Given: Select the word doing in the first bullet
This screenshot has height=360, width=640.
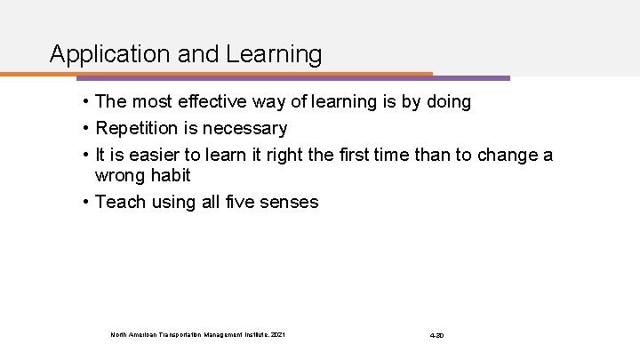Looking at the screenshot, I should coord(448,103).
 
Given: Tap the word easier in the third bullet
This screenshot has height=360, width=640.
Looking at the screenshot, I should coord(166,156).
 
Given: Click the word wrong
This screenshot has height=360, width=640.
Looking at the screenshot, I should coord(122,176).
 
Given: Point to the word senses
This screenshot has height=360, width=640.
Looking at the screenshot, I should coord(287,203).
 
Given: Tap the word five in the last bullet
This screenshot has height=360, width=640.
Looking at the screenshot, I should coord(232,203).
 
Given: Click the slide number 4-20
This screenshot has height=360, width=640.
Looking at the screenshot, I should coord(436,334).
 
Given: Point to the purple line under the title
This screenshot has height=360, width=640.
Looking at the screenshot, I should coord(471,77).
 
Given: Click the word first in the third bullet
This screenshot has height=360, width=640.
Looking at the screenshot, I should coord(355,156).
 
